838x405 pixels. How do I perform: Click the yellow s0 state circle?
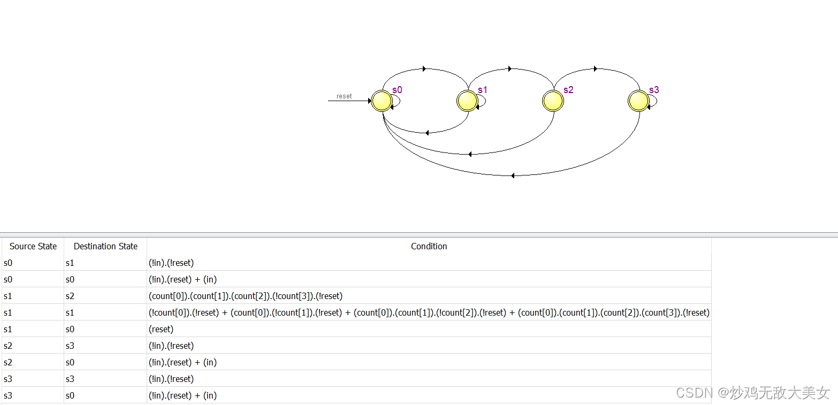(x=382, y=101)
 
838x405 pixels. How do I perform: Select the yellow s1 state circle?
(x=467, y=101)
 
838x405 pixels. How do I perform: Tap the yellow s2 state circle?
(x=553, y=101)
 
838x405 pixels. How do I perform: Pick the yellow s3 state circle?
(x=638, y=101)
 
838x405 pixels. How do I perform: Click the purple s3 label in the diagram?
(x=654, y=90)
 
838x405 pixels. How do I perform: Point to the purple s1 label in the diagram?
(x=483, y=90)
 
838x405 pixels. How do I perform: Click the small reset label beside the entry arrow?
(x=344, y=96)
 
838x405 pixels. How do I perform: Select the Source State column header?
(x=33, y=246)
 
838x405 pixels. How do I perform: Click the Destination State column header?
(x=105, y=246)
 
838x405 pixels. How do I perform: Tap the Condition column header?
(x=429, y=246)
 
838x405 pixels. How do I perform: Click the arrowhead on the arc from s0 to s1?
(x=424, y=68)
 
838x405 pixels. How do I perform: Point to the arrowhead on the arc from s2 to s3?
(x=596, y=68)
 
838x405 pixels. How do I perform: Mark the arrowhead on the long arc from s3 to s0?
(x=512, y=175)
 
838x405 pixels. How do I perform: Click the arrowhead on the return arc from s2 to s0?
(x=469, y=154)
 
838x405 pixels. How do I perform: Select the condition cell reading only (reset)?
(x=161, y=329)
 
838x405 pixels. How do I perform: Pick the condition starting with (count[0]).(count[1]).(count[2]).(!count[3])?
(x=246, y=296)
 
